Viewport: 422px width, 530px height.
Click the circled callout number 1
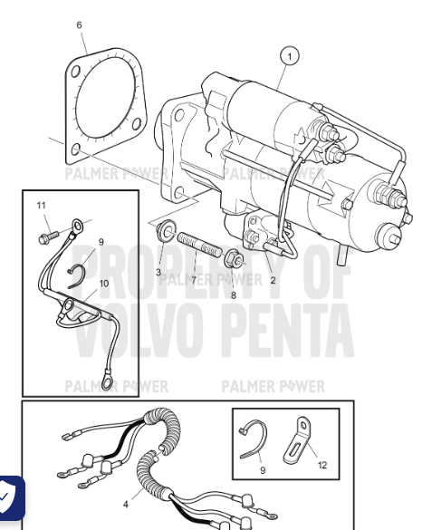coord(290,57)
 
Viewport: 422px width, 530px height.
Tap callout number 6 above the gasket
coord(79,25)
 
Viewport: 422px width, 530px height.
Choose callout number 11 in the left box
coord(42,206)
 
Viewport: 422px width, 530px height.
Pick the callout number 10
coord(104,284)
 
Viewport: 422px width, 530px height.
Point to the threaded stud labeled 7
coord(199,246)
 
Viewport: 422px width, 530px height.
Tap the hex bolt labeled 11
coord(45,237)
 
